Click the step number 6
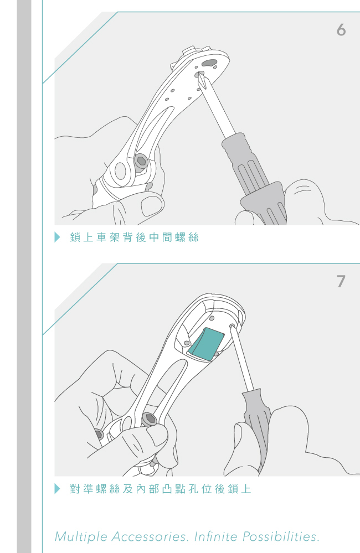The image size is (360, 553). coord(341,30)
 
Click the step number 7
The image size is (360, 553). coord(341,281)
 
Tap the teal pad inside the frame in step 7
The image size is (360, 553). coord(206,344)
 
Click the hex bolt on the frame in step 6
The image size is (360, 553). coord(141,162)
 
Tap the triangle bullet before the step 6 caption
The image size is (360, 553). coord(58,237)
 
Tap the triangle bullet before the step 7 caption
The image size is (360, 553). coord(58,489)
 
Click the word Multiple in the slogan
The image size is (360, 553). coord(81,537)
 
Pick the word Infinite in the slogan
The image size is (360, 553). coord(216,537)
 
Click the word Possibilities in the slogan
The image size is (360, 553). coord(281,537)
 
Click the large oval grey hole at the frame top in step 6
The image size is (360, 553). coord(210,64)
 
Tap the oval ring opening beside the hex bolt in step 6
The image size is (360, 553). coord(121,172)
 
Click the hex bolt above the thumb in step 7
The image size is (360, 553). coord(150,420)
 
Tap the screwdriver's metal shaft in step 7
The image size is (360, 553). coord(242,358)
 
